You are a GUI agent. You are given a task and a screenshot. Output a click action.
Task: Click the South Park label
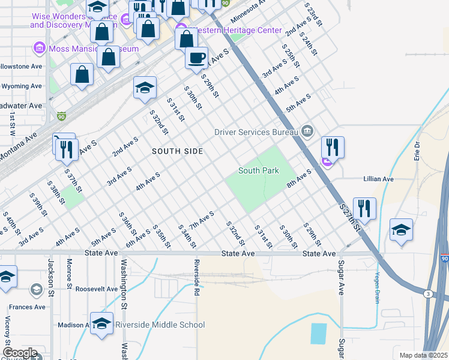259,170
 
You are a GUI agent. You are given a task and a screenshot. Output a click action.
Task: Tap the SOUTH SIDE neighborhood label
177,151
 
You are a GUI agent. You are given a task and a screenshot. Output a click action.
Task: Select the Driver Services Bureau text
256,131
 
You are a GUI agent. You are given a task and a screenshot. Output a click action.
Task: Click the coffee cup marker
196,59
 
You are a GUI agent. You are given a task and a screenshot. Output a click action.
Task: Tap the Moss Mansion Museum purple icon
40,47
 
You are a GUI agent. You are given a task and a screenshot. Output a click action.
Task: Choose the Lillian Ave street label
378,179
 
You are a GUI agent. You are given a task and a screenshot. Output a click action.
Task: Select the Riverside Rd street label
196,274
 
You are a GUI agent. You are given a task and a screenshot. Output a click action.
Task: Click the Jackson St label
51,272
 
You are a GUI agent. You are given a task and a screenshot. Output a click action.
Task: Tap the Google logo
20,353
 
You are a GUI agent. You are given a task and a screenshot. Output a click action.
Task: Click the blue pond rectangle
319,333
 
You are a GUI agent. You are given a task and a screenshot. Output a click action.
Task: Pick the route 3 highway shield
427,293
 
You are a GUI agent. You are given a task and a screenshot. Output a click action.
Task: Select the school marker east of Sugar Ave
401,229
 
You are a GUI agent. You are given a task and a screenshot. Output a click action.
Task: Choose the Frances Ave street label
28,307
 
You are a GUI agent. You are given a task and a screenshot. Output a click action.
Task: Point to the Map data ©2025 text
423,355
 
